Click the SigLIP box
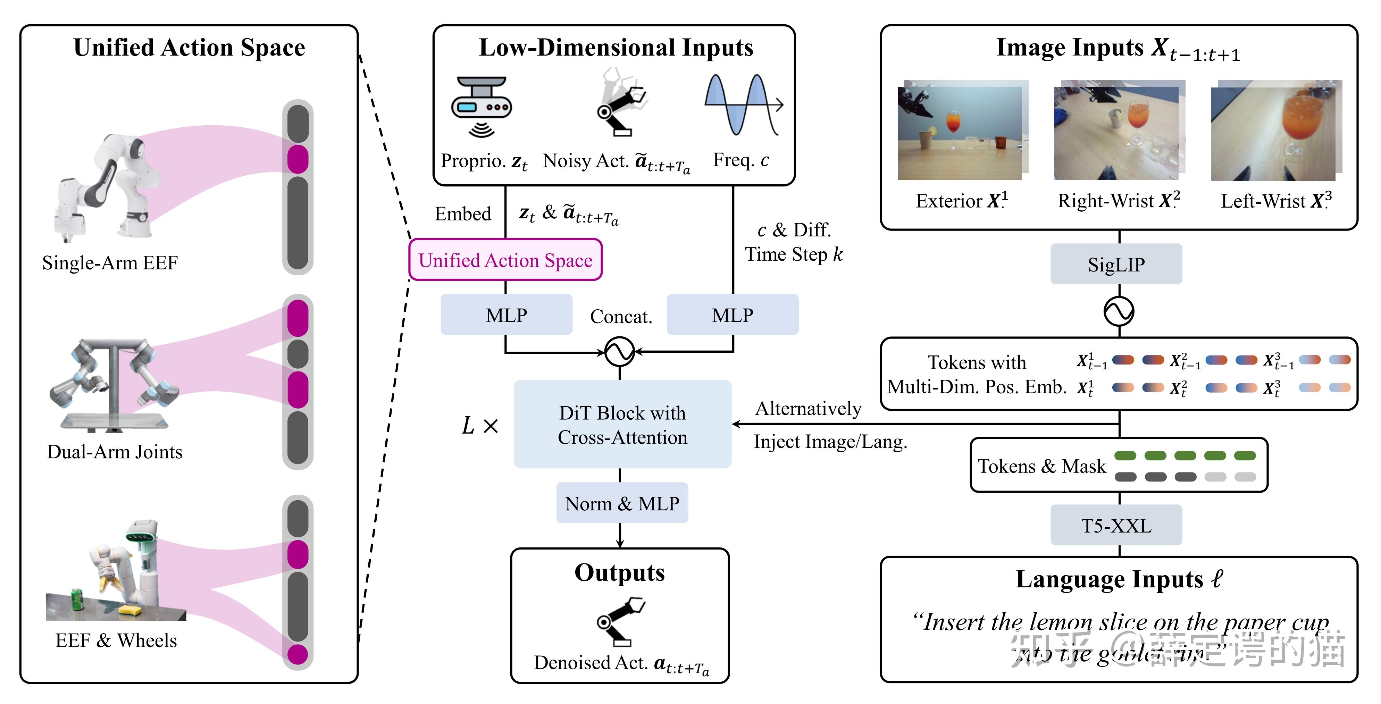click(1116, 264)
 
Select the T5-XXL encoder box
click(1116, 526)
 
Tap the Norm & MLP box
click(622, 503)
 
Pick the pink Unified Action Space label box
click(505, 260)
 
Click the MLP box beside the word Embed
click(506, 315)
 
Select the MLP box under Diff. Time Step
click(732, 315)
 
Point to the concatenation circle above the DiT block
click(620, 352)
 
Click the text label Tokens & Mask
click(1041, 466)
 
